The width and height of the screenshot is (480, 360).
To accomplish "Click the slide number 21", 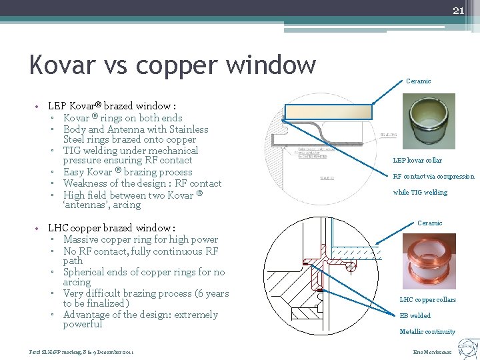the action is (458, 10).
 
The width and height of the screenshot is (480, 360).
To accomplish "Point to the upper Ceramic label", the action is (419, 81).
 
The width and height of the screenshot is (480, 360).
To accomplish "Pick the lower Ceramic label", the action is (429, 223).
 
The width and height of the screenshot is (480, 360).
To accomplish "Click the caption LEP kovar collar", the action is (417, 161).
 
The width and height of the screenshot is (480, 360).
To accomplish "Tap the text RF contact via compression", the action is (433, 177).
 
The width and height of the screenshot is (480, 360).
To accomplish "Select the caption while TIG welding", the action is (420, 193).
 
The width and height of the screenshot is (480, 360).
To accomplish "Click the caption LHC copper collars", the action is (427, 300).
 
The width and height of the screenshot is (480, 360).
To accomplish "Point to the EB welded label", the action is (415, 316).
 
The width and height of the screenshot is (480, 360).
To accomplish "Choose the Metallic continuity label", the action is (427, 332).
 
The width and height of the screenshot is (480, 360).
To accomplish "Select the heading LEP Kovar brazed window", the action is (112, 106).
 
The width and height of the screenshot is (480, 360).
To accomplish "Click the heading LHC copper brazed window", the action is (111, 228).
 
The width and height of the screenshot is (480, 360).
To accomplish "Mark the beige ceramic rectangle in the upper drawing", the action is (329, 111).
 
